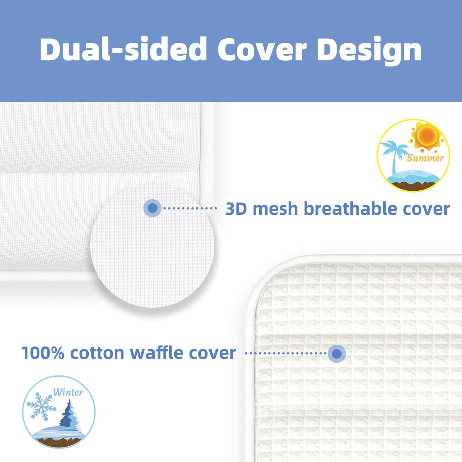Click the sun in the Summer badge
(427, 136)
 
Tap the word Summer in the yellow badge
(425, 158)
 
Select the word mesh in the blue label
(275, 209)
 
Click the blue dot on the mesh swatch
(152, 208)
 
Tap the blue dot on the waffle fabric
(337, 353)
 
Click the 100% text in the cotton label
(43, 353)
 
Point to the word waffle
(156, 353)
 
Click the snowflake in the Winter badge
(41, 406)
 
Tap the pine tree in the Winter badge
(70, 414)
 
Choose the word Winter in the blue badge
(68, 392)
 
